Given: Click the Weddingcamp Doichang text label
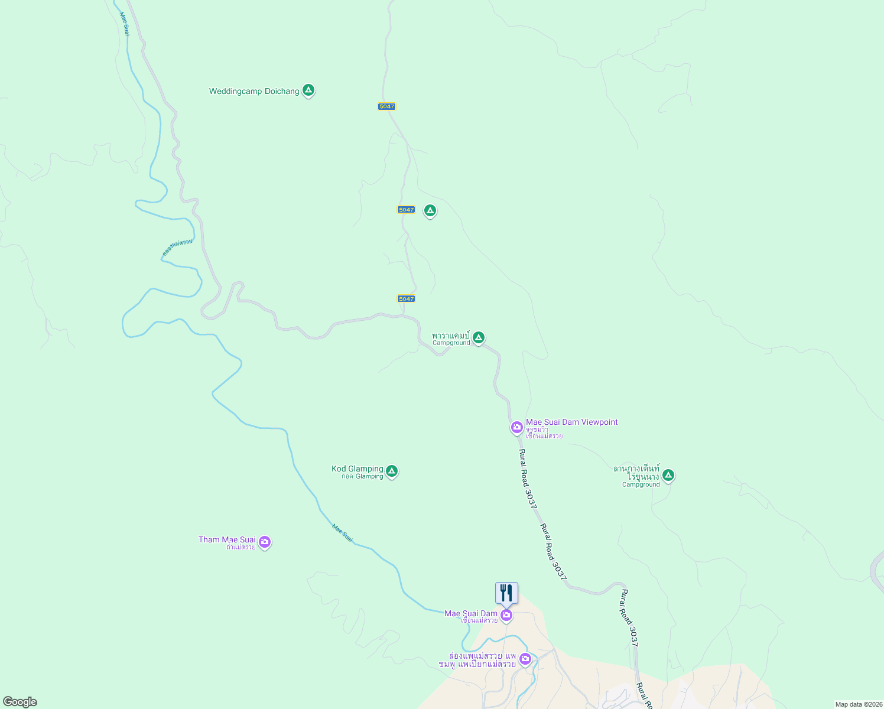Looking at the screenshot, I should (x=254, y=92).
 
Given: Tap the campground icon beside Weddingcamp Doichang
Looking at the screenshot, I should (x=308, y=90).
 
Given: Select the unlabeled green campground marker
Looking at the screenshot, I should (x=430, y=210).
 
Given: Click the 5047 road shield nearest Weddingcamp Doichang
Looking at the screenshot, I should (x=386, y=106).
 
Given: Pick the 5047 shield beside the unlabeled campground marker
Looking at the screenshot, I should (x=406, y=210).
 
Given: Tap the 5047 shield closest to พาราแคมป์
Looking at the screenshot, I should (x=406, y=299).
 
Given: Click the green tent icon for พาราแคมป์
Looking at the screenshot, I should (x=479, y=337).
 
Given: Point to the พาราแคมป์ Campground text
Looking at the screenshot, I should (x=451, y=339).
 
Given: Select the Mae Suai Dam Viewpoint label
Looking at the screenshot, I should (x=571, y=422).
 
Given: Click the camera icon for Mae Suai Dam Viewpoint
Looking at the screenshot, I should (x=517, y=427).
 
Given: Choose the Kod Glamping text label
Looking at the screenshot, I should (x=357, y=469).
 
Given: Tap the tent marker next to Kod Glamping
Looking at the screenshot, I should (x=391, y=471).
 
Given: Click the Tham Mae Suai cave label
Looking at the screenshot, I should (x=227, y=540).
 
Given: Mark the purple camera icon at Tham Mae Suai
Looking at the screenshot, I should (x=265, y=542).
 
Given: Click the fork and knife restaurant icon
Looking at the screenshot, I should (x=506, y=593).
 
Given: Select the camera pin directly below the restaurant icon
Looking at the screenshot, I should (x=506, y=616).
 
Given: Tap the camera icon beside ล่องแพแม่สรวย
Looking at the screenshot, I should (x=525, y=659).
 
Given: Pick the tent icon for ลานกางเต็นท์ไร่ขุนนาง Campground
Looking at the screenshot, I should (x=668, y=475).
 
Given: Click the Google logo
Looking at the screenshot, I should (x=19, y=702).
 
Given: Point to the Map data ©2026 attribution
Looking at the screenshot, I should (x=858, y=704).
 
